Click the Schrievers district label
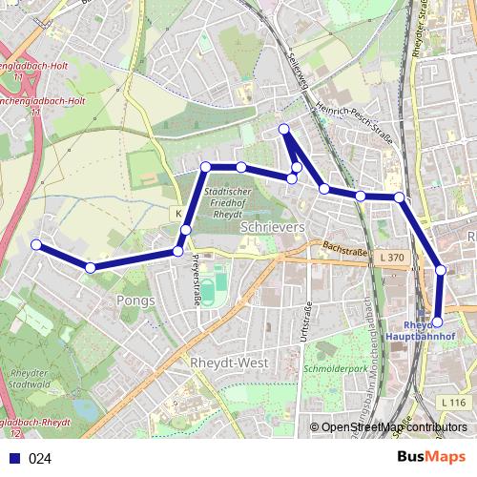click(273, 229)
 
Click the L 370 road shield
click(391, 258)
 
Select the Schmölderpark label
click(328, 367)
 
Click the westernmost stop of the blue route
click(36, 245)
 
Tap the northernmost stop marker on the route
click(283, 129)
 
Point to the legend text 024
click(40, 458)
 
